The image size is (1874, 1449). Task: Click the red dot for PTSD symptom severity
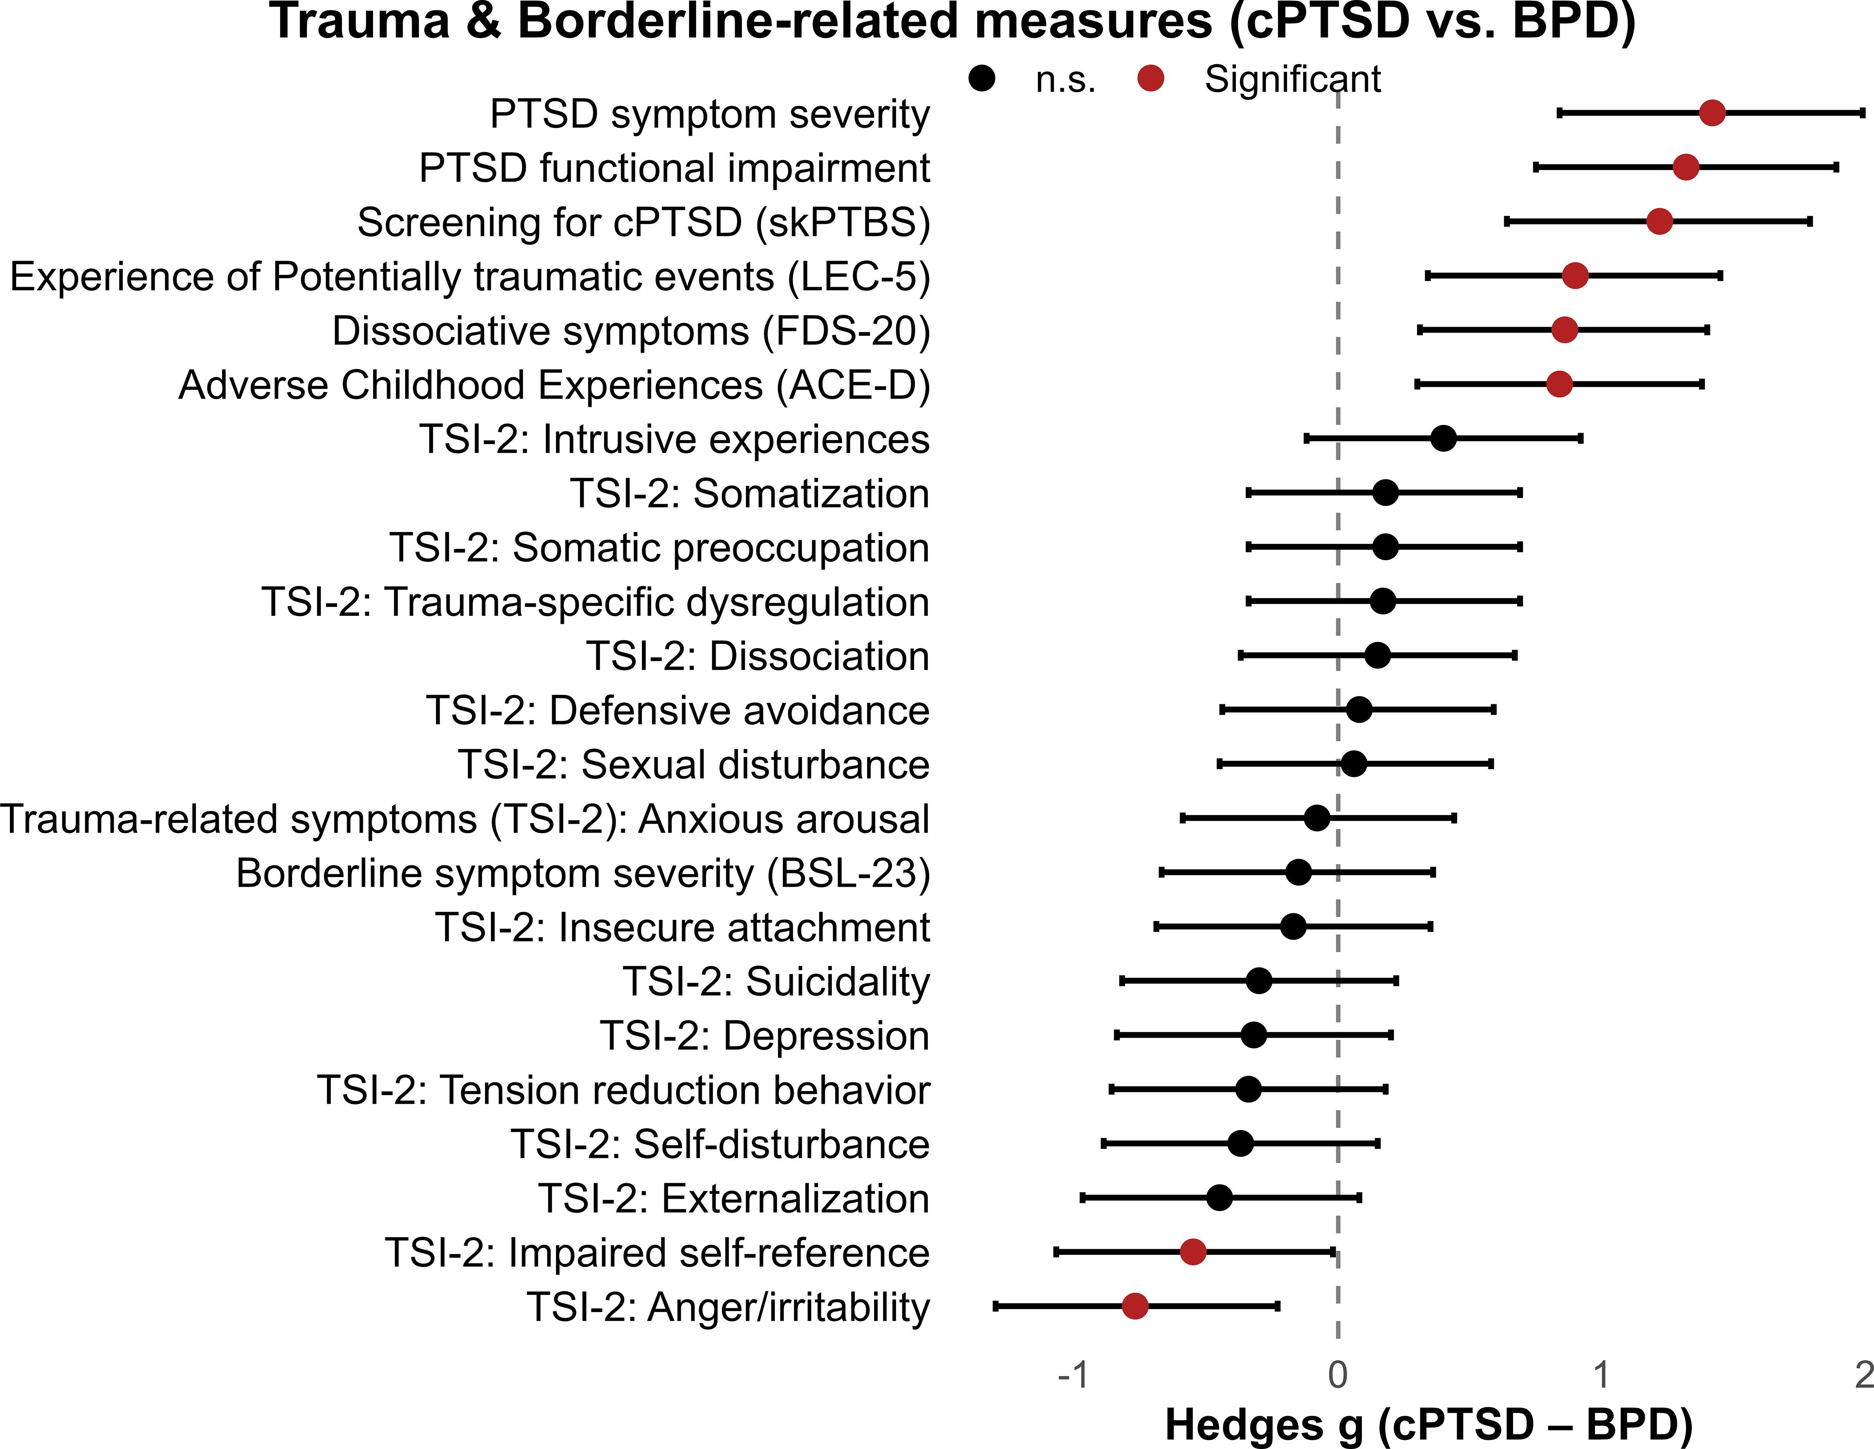[1712, 112]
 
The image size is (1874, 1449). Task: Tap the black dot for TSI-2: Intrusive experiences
[1443, 438]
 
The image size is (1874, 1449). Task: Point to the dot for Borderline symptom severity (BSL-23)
[1299, 872]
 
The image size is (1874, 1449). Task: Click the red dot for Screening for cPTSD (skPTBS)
[1659, 221]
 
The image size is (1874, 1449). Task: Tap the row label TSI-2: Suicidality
[776, 981]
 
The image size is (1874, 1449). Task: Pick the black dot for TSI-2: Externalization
[1219, 1197]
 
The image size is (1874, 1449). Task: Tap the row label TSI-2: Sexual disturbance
[693, 764]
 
